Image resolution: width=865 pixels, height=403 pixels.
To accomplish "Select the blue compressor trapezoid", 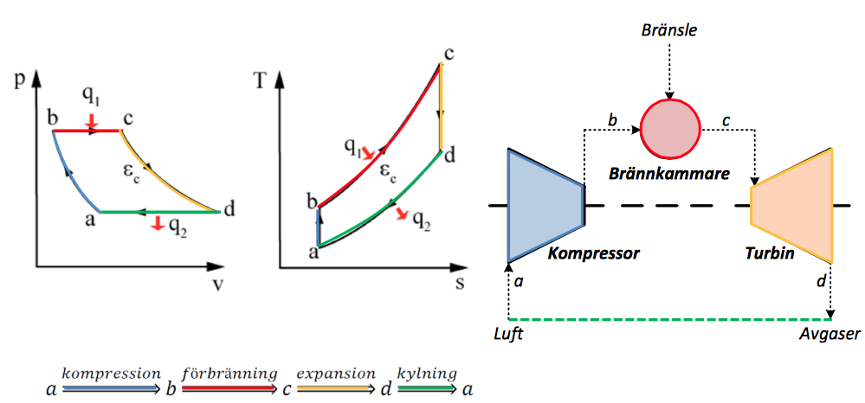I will click(545, 205).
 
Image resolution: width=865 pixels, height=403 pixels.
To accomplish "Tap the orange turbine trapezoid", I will click(793, 205).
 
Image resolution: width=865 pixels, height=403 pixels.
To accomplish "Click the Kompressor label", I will click(593, 254).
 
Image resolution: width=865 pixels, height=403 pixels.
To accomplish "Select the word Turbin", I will click(769, 254).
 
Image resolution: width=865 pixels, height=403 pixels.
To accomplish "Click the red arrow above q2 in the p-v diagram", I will click(157, 225).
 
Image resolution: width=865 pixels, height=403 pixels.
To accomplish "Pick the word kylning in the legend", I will click(427, 374).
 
